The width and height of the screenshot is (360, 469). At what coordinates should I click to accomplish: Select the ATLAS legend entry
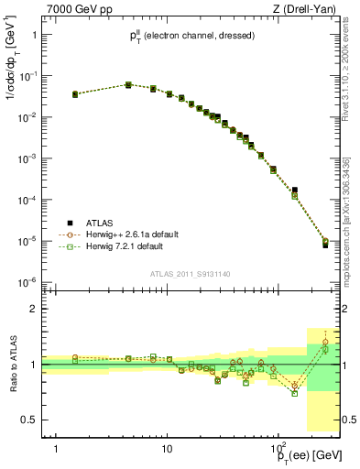point(100,223)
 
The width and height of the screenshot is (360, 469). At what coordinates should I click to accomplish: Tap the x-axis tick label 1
point(57,449)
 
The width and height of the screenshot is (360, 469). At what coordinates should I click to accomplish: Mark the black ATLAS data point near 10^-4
point(295,191)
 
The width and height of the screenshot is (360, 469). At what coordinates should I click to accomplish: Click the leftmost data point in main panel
point(75,93)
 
